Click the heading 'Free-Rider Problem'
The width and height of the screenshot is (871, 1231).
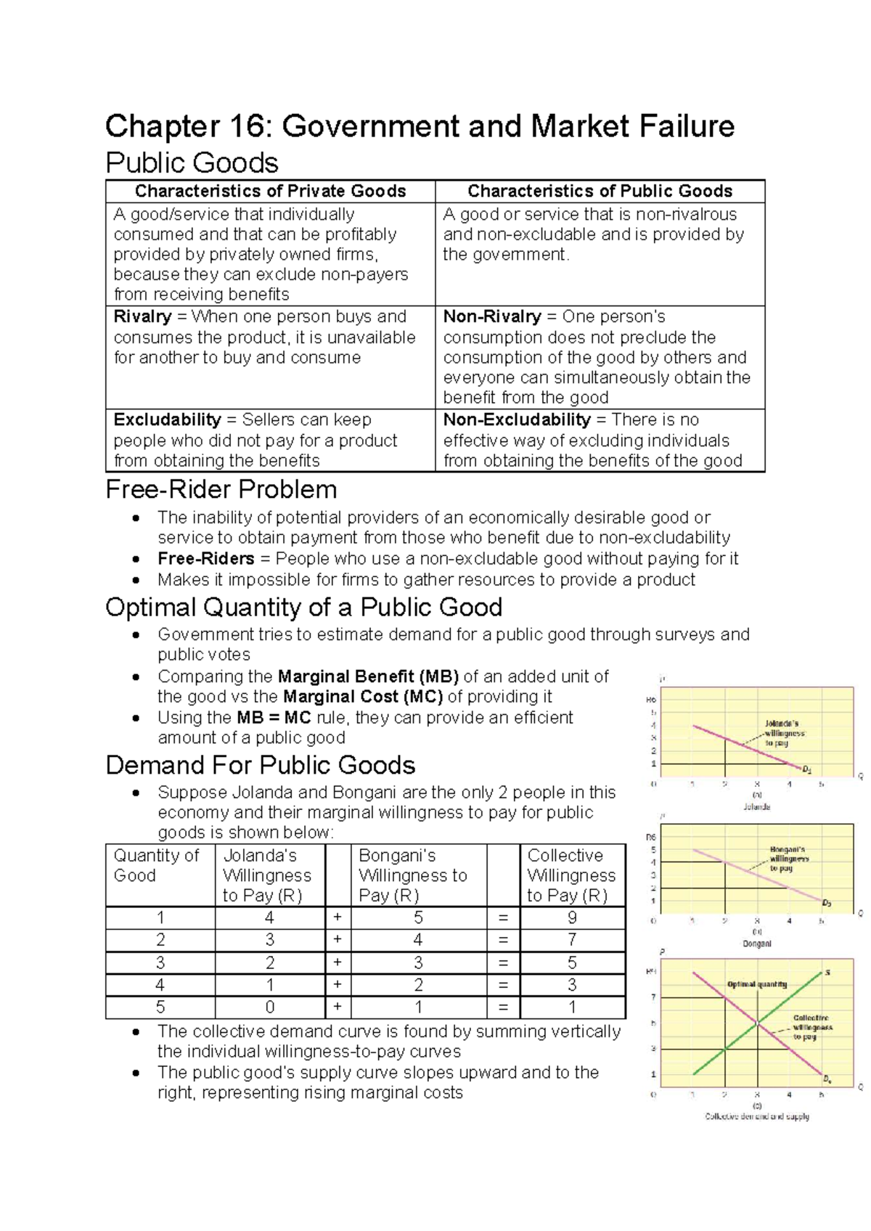(x=221, y=490)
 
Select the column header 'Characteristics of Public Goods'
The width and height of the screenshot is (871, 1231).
(x=600, y=191)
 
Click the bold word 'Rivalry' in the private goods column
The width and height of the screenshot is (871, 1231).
(x=142, y=317)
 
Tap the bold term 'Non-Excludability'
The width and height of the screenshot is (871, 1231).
(x=517, y=420)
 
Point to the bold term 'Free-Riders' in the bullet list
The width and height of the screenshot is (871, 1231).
(x=205, y=559)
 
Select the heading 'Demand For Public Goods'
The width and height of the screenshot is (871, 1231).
(x=260, y=766)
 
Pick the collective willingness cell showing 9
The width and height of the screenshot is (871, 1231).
(x=572, y=917)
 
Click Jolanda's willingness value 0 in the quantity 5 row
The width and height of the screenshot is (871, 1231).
(x=269, y=1007)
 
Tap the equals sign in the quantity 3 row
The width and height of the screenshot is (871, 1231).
(x=503, y=963)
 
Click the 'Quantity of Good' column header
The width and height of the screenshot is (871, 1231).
(x=157, y=865)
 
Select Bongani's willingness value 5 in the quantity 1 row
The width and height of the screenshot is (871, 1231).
(x=418, y=917)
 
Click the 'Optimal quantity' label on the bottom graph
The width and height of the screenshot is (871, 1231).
(x=757, y=984)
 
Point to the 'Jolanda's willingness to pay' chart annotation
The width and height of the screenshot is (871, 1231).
(x=782, y=733)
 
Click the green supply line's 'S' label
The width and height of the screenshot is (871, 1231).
(x=827, y=973)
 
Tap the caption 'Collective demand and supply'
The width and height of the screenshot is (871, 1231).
(x=757, y=1116)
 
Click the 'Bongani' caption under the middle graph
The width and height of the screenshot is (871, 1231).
(x=756, y=944)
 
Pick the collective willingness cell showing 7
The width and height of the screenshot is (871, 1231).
(x=572, y=940)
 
